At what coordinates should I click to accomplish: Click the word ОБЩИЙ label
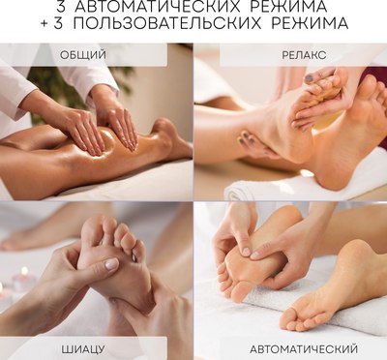tap(83, 55)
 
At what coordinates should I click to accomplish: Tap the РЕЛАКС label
tap(304, 55)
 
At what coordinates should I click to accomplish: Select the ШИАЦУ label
tap(83, 349)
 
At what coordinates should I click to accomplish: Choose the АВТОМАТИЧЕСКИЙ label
tap(304, 349)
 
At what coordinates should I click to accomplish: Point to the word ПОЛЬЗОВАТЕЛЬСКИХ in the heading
tap(167, 24)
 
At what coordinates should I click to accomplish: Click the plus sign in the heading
tap(45, 24)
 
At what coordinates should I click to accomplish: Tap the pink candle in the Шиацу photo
tap(23, 279)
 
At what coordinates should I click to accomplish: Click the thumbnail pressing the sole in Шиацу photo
tap(112, 263)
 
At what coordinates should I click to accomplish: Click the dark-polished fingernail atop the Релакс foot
tap(310, 77)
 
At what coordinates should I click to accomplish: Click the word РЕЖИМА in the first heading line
tap(300, 7)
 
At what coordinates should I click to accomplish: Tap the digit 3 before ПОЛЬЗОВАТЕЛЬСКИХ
tap(58, 24)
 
